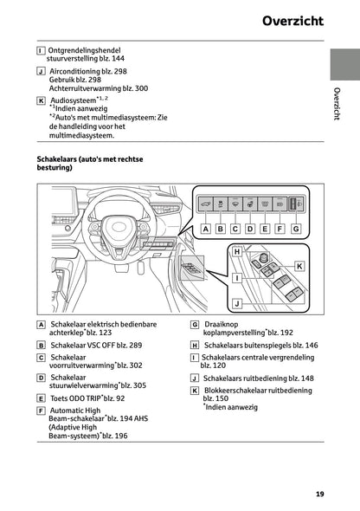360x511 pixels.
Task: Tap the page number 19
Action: pyautogui.click(x=319, y=495)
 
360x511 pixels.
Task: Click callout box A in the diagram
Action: pyautogui.click(x=206, y=229)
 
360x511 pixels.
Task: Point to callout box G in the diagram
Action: pyautogui.click(x=296, y=229)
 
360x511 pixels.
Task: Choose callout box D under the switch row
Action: pyautogui.click(x=251, y=229)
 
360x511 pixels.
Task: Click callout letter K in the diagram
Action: pyautogui.click(x=299, y=265)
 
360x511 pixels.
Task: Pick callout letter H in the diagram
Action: pyautogui.click(x=236, y=251)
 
